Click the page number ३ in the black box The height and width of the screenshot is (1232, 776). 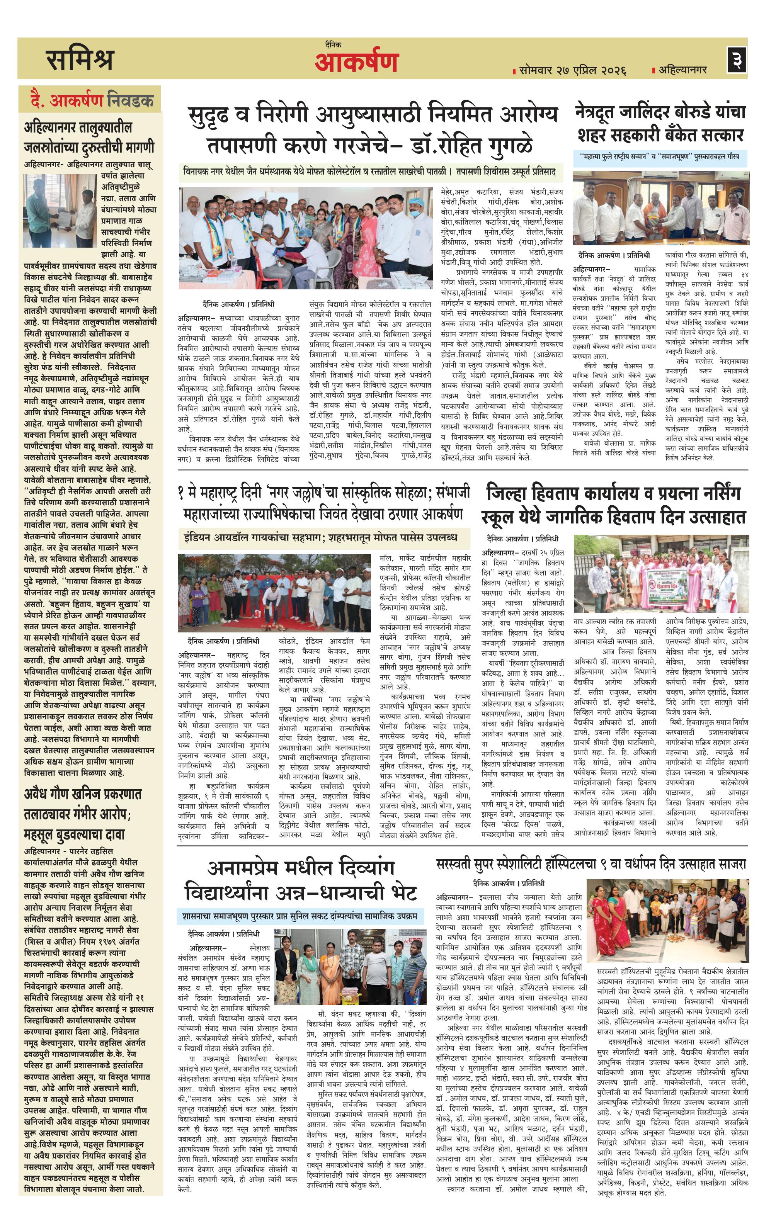pyautogui.click(x=737, y=59)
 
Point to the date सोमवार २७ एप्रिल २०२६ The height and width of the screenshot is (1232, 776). pyautogui.click(x=572, y=70)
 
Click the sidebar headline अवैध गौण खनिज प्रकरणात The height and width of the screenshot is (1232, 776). pyautogui.click(x=83, y=814)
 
